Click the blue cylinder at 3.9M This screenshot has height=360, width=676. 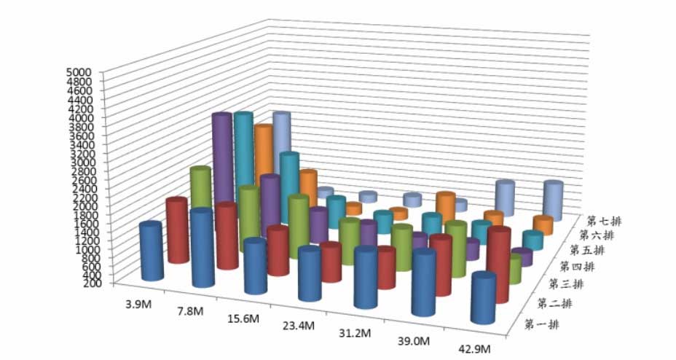(x=152, y=251)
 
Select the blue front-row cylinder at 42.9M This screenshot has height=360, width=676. (x=483, y=299)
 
